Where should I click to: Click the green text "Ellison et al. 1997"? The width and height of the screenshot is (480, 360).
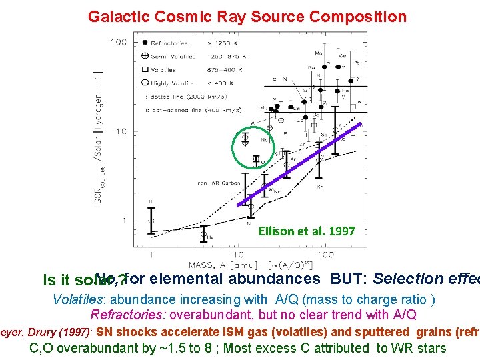tap(307, 231)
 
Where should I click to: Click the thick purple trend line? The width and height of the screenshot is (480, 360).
tap(300, 163)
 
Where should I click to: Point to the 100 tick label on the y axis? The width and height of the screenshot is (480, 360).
tap(119, 42)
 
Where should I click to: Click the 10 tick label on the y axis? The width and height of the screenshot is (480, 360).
tap(121, 131)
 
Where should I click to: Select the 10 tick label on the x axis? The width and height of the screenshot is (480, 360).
tap(238, 255)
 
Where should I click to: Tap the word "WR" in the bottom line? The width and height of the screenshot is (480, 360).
tap(405, 347)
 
